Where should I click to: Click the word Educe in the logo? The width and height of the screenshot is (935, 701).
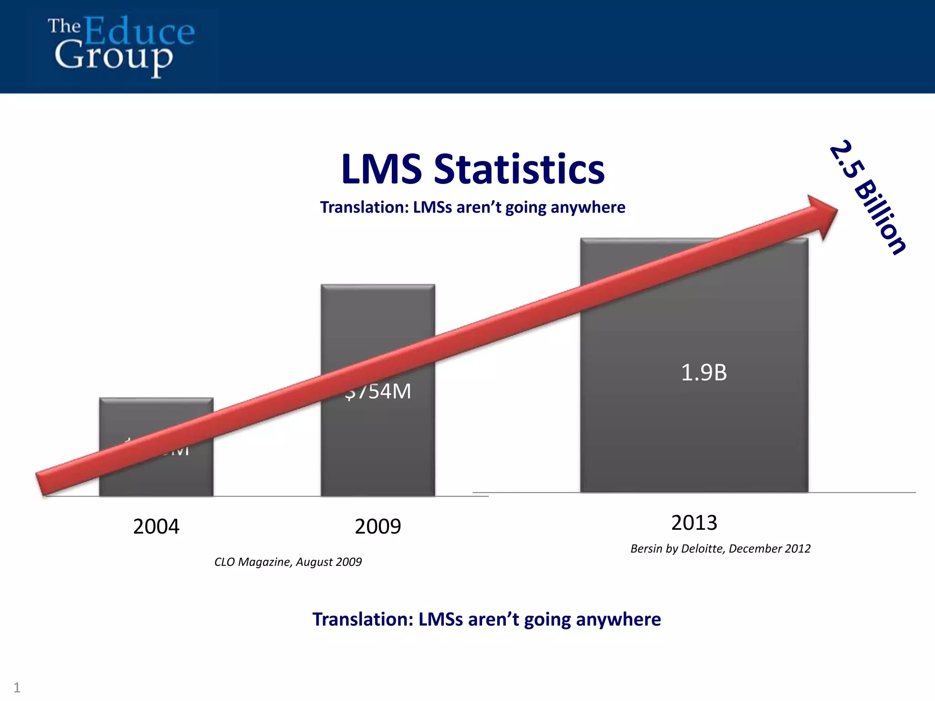pyautogui.click(x=139, y=31)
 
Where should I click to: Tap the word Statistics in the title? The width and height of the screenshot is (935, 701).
pyautogui.click(x=519, y=169)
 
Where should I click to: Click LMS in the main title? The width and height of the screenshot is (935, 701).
pyautogui.click(x=381, y=169)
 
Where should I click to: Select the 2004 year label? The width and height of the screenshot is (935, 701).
pyautogui.click(x=156, y=527)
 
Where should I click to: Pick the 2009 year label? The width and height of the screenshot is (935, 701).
pyautogui.click(x=378, y=527)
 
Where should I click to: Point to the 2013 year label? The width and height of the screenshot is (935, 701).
pyautogui.click(x=694, y=523)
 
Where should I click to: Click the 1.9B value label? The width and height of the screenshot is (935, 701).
pyautogui.click(x=704, y=372)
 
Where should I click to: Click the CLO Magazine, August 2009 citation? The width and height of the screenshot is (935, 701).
pyautogui.click(x=288, y=562)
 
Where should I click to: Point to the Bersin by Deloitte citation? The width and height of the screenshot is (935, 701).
pyautogui.click(x=720, y=549)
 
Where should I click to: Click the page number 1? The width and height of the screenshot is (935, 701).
pyautogui.click(x=17, y=687)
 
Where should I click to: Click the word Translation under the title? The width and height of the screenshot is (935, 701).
pyautogui.click(x=364, y=207)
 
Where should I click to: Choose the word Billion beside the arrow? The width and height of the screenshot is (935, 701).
pyautogui.click(x=880, y=216)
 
